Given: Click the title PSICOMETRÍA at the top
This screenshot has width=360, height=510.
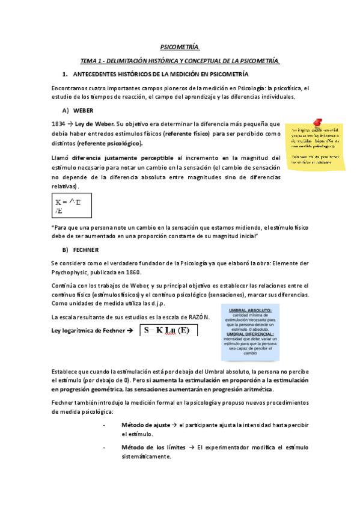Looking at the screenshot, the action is (180, 46).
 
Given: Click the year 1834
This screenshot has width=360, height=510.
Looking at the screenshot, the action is (59, 123).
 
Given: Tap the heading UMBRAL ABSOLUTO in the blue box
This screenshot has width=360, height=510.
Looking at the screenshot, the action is (251, 310).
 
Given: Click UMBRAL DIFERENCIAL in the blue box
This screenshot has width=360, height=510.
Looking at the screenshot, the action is (251, 334).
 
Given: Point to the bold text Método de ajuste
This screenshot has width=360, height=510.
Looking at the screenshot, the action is (145, 425).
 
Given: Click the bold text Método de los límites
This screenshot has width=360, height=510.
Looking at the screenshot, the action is (153, 447).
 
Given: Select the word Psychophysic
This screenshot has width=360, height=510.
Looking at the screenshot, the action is (74, 272).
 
